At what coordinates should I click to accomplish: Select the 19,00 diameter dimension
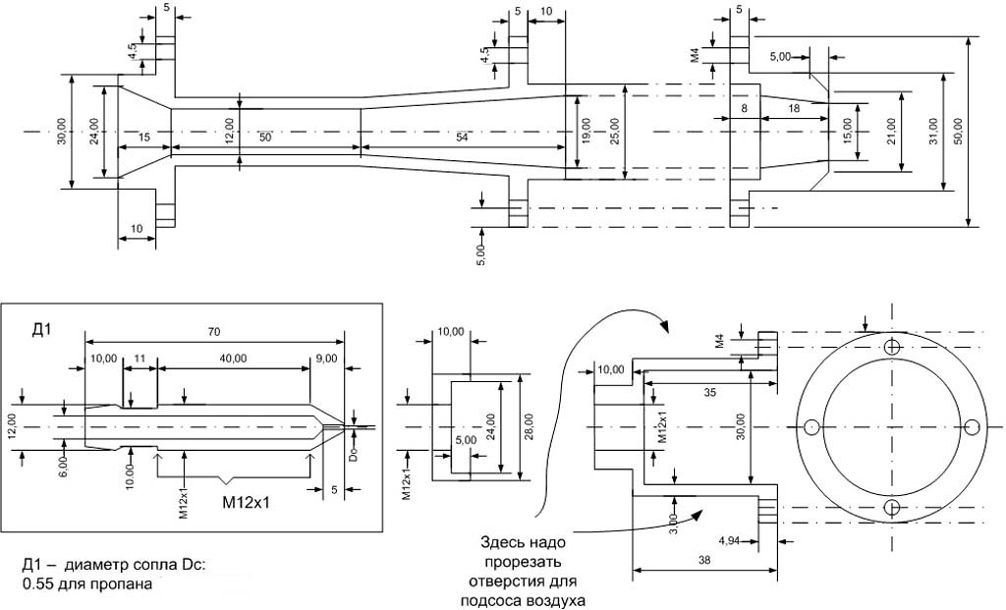(586, 129)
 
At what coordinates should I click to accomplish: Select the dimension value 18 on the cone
(793, 110)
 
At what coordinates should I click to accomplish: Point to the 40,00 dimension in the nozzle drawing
(234, 359)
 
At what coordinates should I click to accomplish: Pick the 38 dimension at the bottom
(705, 559)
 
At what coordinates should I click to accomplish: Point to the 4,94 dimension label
(733, 541)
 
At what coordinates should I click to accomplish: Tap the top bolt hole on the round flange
(892, 347)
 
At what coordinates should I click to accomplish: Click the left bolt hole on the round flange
(812, 427)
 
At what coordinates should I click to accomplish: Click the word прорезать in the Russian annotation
(523, 563)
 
